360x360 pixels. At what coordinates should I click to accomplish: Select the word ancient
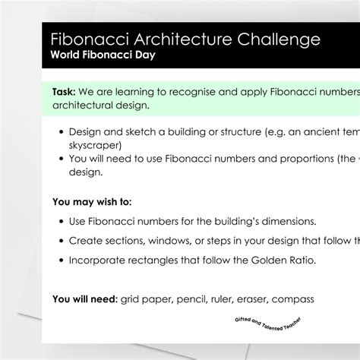[325, 130]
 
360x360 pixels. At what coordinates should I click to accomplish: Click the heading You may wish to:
[92, 202]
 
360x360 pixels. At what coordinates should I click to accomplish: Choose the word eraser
[239, 299]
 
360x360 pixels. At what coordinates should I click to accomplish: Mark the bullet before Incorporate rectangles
[61, 261]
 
